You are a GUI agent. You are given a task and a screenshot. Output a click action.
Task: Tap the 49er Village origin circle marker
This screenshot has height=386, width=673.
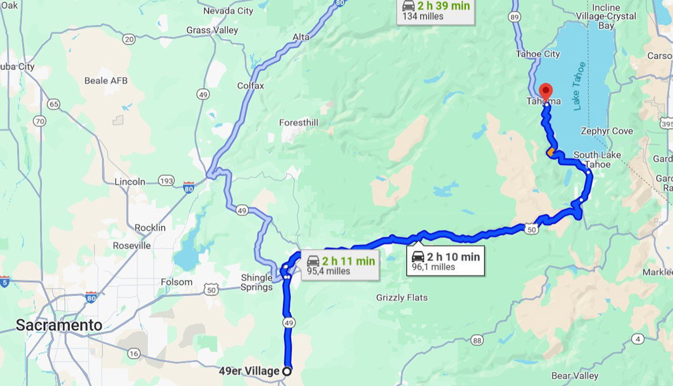[287, 371]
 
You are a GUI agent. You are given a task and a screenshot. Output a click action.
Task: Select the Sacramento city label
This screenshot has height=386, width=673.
[59, 325]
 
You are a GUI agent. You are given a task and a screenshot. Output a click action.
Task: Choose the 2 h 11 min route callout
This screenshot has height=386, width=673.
[340, 265]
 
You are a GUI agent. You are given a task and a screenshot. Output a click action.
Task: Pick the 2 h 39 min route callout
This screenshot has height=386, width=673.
[437, 11]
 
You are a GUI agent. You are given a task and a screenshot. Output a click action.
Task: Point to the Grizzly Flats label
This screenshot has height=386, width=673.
[402, 297]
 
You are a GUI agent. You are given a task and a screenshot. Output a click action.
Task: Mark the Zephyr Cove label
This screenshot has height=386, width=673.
[607, 131]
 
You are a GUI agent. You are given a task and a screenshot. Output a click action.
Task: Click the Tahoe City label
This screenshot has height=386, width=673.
[538, 54]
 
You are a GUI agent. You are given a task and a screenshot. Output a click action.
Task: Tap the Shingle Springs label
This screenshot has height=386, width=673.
[256, 282]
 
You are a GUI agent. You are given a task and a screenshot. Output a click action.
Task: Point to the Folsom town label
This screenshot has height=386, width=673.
[177, 281]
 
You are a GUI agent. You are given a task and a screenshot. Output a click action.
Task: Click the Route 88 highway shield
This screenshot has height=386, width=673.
[477, 340]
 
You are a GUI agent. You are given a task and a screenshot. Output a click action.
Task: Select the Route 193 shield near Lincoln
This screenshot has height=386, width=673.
[165, 181]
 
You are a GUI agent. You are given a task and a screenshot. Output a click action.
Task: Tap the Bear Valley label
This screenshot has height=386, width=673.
[574, 375]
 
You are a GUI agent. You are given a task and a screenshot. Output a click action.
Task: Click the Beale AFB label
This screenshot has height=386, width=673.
[105, 80]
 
